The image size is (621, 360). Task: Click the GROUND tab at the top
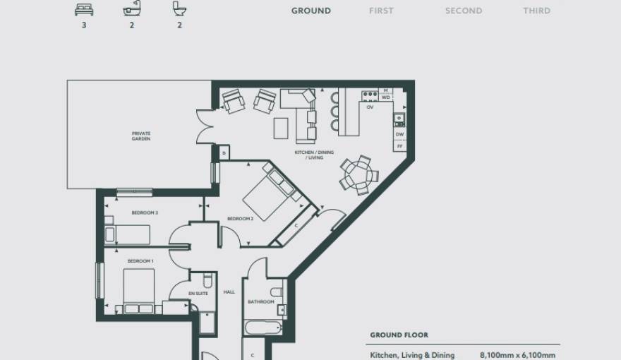tap(310, 11)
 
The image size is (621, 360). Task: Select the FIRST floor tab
tap(381, 11)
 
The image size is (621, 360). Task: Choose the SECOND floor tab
tap(464, 11)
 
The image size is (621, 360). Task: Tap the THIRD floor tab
tap(536, 11)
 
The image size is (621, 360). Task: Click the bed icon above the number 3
tap(82, 9)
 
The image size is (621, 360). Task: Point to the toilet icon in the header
tap(179, 9)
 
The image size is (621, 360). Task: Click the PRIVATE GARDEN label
tap(141, 136)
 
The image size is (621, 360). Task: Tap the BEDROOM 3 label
tap(144, 212)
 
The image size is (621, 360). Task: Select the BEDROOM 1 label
tap(140, 261)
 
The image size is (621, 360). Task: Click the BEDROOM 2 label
tap(240, 219)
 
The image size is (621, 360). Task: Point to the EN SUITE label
tap(198, 294)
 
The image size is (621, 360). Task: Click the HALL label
tap(229, 292)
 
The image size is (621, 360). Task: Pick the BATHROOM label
tap(260, 302)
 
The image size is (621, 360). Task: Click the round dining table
tap(356, 174)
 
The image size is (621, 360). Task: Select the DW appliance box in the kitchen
tap(399, 134)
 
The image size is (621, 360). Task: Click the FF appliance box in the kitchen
tap(399, 146)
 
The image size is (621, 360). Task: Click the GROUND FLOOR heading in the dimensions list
tap(399, 335)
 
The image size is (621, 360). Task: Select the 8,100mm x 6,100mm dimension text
tap(517, 355)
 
